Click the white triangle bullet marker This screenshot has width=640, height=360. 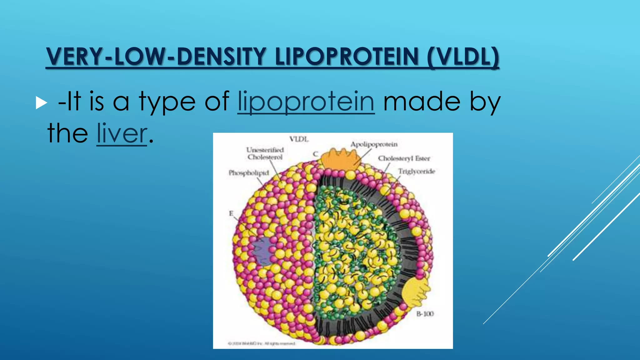pos(41,103)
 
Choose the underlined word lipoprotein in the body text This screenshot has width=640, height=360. pos(306,102)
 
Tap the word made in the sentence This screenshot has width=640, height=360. pos(422,102)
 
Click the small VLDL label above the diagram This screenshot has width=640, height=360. pos(298,139)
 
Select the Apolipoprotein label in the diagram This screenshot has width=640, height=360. pos(374,144)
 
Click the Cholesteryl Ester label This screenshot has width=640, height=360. pos(404,158)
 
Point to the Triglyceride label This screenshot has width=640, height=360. pos(416,171)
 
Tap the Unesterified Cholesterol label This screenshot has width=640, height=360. pos(265,153)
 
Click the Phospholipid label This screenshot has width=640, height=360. pos(249,173)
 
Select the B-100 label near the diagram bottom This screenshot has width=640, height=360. pos(425,314)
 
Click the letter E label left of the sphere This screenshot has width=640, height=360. pos(231,213)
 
